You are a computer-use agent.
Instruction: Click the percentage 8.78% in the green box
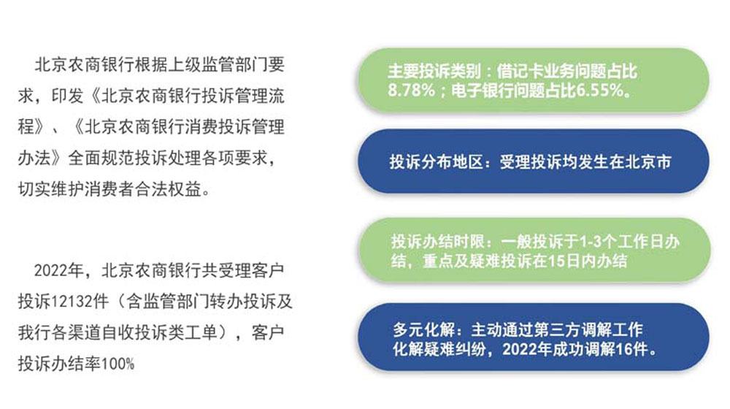click(x=411, y=90)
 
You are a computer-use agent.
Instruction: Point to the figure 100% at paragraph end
click(x=118, y=364)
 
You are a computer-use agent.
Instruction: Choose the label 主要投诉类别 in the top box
click(x=434, y=71)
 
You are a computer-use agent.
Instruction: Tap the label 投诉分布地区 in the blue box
click(x=437, y=161)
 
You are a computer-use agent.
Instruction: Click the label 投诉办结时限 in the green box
click(x=437, y=241)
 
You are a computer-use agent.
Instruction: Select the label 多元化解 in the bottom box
click(x=423, y=330)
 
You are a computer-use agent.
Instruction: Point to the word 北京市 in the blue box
click(x=648, y=161)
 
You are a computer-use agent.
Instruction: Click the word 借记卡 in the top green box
click(x=520, y=71)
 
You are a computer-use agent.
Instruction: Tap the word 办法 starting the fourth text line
click(x=34, y=158)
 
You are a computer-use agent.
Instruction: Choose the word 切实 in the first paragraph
click(x=34, y=189)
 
